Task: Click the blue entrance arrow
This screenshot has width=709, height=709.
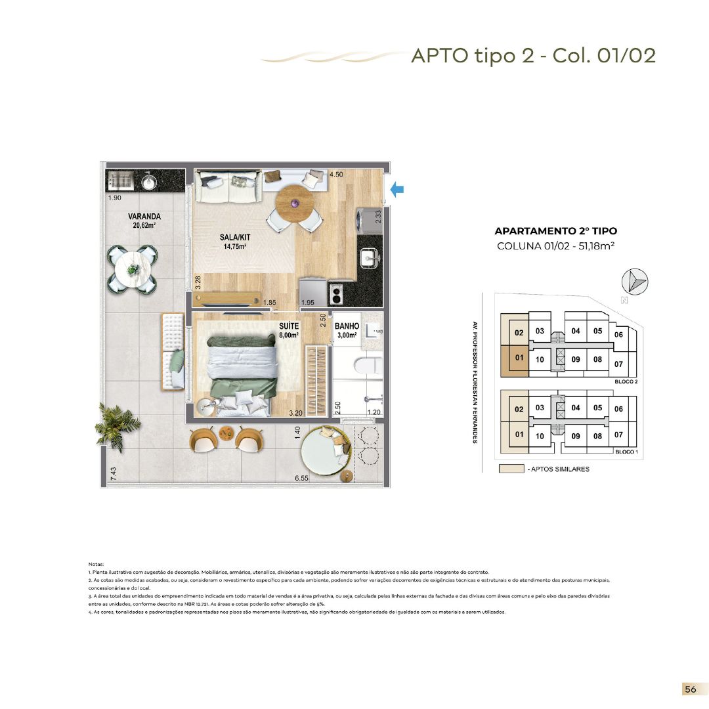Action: point(397,190)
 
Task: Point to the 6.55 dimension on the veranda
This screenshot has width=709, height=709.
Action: point(302,479)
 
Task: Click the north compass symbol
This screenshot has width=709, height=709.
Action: point(634,282)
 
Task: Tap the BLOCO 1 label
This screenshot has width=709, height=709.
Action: point(626,452)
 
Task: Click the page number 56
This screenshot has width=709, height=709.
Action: point(690,689)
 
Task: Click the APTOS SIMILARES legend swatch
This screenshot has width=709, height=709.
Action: point(511,469)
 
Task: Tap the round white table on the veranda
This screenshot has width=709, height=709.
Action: point(134,269)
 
